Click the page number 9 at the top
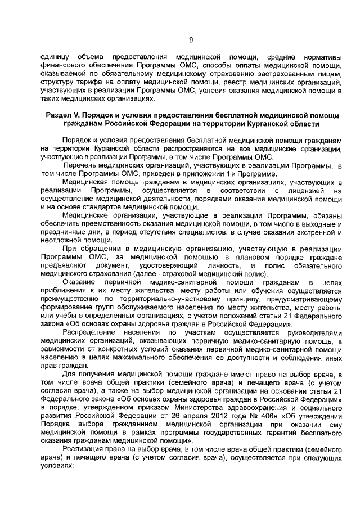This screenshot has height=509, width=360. [190, 39]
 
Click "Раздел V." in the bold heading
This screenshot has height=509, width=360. [65, 115]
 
